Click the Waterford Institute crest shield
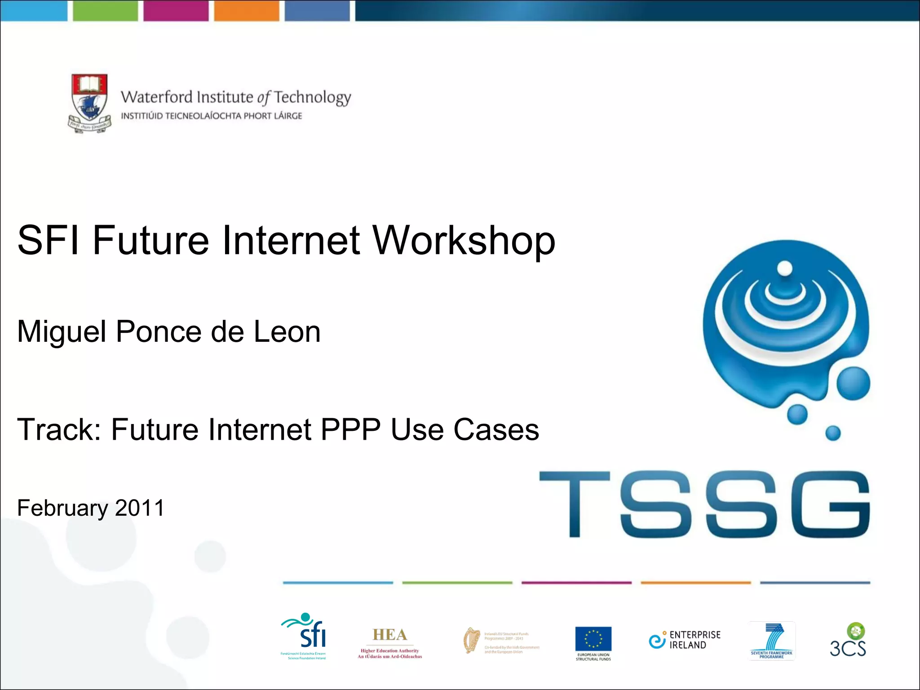coord(90,101)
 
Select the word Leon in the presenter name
coord(287,332)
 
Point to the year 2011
coord(140,508)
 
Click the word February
coord(62,508)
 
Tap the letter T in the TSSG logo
coord(575,503)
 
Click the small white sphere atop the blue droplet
coord(785,269)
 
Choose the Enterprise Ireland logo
coord(685,640)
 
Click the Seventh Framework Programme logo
coord(772,641)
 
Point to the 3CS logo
coord(848,641)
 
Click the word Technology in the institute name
coord(313,97)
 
